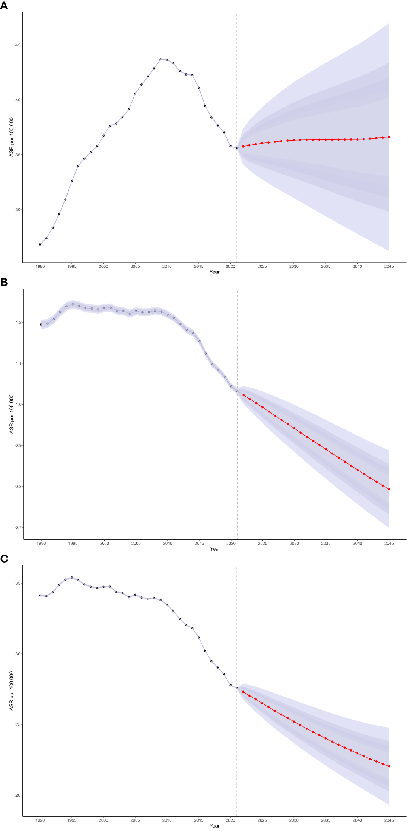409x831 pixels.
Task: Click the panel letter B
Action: pos(4,282)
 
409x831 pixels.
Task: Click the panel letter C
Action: pos(4,559)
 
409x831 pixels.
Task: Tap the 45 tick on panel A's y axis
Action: pos(18,45)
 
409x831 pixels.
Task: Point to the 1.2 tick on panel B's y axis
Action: pos(19,323)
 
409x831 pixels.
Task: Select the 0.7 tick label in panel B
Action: pos(19,528)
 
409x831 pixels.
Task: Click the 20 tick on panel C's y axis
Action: pos(18,795)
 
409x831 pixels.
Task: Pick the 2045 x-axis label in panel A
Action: pos(389,267)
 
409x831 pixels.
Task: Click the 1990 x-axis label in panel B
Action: pos(41,544)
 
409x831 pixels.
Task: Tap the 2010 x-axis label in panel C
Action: pos(167,820)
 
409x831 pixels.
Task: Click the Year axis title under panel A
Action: pos(215,272)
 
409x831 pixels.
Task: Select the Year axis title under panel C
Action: pos(215,826)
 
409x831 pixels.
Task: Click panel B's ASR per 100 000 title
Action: pos(12,414)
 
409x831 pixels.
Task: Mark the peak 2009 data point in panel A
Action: pos(161,59)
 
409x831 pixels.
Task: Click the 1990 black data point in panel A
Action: pos(40,244)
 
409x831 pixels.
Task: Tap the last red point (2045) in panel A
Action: pos(389,137)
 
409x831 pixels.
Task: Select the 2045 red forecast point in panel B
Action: pos(389,490)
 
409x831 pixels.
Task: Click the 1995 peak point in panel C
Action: pos(72,578)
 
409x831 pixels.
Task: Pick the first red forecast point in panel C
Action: pos(243,692)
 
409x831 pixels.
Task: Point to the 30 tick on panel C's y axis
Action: pos(18,654)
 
